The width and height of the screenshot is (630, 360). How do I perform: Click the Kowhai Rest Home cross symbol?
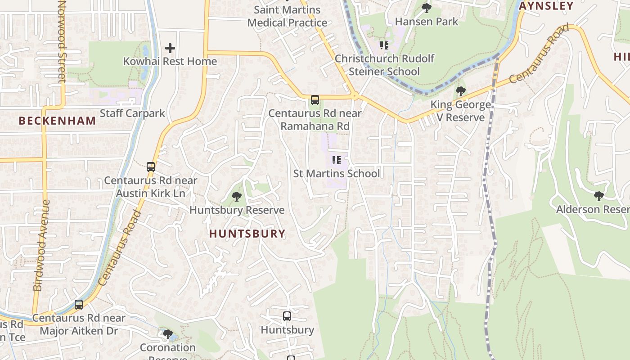point(170,48)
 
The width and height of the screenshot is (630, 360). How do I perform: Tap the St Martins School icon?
point(336,160)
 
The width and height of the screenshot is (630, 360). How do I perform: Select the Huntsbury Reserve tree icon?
point(236,197)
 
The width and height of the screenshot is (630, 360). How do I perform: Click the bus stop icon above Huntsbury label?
point(287,316)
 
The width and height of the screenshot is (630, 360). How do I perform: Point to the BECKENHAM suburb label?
point(58,121)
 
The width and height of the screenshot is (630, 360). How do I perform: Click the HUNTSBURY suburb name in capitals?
point(247,233)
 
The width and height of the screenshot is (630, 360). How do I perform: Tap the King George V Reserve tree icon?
point(460,91)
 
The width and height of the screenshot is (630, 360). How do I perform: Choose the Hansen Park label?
point(427,21)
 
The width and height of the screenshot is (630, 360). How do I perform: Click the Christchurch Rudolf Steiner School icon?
point(384,45)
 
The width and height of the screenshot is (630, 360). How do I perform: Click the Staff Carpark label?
point(132,113)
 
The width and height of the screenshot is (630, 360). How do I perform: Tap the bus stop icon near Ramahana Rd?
point(315,100)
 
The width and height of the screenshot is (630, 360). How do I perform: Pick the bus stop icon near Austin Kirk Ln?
point(151,167)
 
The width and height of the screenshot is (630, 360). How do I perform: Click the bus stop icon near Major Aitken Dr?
point(79,305)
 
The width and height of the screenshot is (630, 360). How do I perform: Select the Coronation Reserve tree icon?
point(167,334)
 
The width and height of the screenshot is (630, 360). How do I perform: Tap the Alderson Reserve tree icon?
point(598,196)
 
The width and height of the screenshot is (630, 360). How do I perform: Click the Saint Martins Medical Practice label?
point(287,16)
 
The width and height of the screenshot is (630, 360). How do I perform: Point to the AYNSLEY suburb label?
point(546,6)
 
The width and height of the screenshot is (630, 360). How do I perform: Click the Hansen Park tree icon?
point(426,8)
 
